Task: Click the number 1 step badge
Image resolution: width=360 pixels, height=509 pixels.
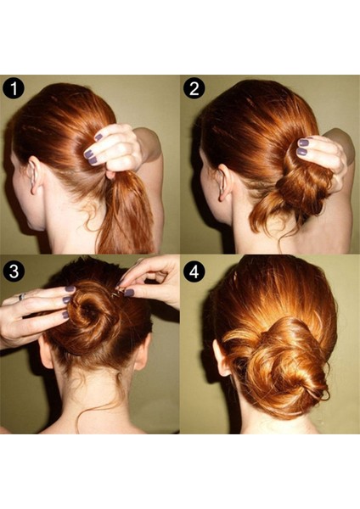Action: pyautogui.click(x=14, y=88)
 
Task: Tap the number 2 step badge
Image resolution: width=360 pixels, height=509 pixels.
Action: pyautogui.click(x=194, y=88)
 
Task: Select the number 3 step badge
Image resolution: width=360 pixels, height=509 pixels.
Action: pyautogui.click(x=14, y=271)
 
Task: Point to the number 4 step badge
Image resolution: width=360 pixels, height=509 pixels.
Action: pyautogui.click(x=194, y=271)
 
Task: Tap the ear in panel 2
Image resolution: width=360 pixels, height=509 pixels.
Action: pyautogui.click(x=224, y=182)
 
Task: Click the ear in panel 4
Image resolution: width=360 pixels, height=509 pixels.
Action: pyautogui.click(x=221, y=358)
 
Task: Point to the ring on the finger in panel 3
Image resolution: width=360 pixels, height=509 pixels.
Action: pyautogui.click(x=22, y=296)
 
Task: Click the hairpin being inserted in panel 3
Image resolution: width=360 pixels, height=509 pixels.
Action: pyautogui.click(x=117, y=294)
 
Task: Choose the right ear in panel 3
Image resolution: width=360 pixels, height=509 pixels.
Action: pyautogui.click(x=143, y=352)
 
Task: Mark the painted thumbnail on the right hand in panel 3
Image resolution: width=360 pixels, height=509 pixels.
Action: pyautogui.click(x=129, y=293)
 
